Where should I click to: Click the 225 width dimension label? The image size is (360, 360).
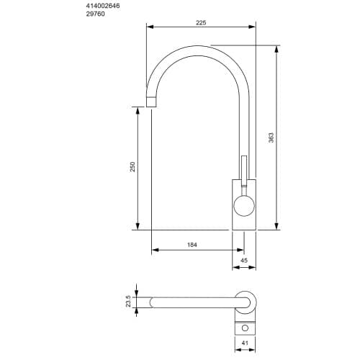[201, 23]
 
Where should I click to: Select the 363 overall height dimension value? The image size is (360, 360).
[271, 138]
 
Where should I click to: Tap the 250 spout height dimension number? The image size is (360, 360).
[132, 167]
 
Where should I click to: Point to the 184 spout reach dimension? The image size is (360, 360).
[192, 245]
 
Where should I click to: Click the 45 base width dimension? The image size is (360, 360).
[244, 261]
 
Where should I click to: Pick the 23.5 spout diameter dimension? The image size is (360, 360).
[128, 301]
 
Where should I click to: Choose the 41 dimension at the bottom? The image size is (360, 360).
[245, 343]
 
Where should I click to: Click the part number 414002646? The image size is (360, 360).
[103, 6]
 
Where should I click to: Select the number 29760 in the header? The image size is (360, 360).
[96, 14]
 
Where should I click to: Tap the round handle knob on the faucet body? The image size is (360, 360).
[244, 206]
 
